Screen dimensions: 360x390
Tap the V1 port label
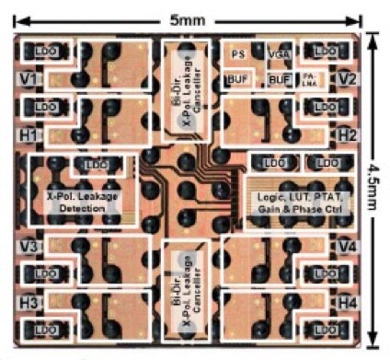27,80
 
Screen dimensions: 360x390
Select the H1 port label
27,136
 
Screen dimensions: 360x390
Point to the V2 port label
347,80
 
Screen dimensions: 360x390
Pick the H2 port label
347,135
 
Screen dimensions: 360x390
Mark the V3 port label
27,247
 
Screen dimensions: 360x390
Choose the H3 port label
27,303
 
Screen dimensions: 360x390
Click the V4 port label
347,247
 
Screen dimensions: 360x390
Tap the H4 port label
347,303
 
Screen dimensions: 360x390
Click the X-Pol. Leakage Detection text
85,203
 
